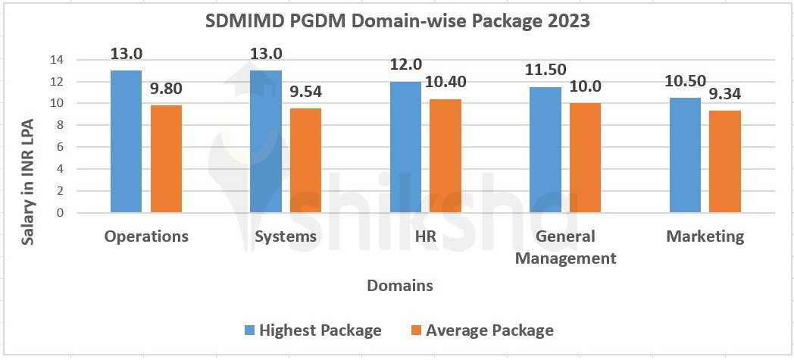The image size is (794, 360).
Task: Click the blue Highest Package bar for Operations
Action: coord(126,142)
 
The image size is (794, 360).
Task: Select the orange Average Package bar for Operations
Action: coord(166,159)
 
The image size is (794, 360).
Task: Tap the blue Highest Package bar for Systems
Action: coord(265,142)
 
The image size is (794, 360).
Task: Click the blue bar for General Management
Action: coord(545,150)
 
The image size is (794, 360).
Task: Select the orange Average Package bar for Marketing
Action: coord(725,161)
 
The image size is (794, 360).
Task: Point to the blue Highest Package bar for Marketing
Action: coord(685,155)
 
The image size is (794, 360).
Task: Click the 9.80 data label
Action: coord(165,89)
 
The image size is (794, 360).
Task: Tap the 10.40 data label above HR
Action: coord(445,83)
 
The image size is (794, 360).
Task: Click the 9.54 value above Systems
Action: coord(305,92)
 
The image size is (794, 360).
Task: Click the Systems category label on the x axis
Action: coord(285,236)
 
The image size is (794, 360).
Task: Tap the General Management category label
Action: coord(565,247)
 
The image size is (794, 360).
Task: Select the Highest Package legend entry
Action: coord(312,330)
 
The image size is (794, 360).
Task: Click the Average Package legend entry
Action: coord(481,330)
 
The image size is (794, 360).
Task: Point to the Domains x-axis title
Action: coord(400,286)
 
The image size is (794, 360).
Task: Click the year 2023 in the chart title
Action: coord(564,21)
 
